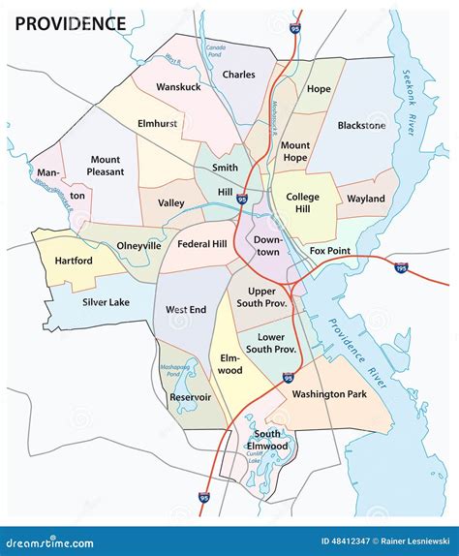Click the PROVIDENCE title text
point(69,23)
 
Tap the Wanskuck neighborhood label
point(178,87)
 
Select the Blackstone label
point(361,125)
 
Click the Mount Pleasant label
point(107,166)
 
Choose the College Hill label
point(302,203)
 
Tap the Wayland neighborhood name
point(366,200)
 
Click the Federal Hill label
point(202,244)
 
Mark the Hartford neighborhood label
point(74,261)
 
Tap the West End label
point(184,310)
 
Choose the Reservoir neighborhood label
point(190,397)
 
